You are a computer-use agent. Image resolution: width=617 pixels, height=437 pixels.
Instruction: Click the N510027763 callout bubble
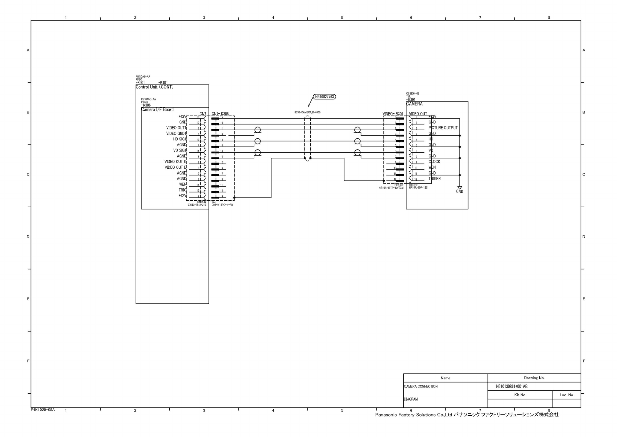click(324, 97)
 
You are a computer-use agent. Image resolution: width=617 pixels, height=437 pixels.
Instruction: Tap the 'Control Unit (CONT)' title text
click(154, 87)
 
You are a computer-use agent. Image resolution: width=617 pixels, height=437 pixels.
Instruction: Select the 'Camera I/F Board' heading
click(157, 110)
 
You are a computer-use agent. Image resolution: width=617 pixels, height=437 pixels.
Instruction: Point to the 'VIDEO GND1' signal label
click(176, 134)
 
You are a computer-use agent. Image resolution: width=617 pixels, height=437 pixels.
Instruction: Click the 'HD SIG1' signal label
click(180, 139)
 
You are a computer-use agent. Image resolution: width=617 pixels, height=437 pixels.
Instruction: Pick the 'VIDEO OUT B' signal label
click(176, 167)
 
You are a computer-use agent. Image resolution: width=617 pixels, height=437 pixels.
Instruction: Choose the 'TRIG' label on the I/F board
click(182, 190)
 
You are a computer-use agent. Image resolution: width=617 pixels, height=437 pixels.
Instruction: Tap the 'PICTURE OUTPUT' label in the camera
click(443, 128)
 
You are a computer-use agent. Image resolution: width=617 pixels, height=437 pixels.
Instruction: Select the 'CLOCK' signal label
click(434, 161)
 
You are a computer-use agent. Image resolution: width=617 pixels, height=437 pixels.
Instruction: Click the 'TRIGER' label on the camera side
click(435, 179)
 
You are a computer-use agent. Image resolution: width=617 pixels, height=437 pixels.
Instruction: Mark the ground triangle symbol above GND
click(459, 188)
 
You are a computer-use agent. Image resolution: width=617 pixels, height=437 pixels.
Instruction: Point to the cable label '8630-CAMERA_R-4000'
click(307, 112)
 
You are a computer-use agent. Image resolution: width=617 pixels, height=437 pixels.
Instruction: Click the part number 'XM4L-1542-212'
click(197, 205)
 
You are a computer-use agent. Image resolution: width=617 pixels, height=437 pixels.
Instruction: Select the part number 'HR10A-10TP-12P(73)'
click(391, 188)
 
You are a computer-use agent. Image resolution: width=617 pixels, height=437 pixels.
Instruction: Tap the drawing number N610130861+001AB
click(511, 386)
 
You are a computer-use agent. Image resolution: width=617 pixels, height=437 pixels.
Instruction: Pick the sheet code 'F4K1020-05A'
click(43, 409)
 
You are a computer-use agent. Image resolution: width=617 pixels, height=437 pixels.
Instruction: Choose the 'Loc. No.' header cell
click(566, 395)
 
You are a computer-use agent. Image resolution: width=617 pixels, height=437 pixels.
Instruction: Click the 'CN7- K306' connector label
click(220, 114)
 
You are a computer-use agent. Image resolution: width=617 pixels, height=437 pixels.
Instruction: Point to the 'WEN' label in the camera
click(432, 167)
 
